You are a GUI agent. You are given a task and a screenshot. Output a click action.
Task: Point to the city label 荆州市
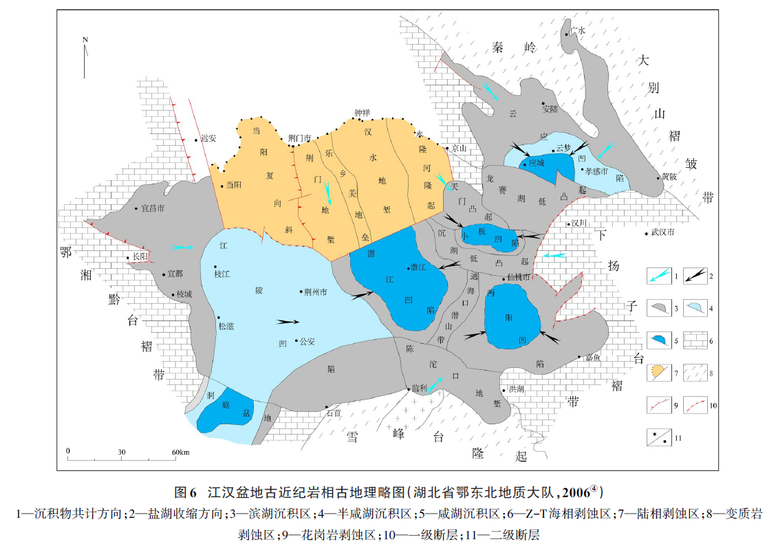315,292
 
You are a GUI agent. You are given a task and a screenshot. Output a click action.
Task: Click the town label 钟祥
362,112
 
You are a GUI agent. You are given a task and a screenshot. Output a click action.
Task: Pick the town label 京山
459,148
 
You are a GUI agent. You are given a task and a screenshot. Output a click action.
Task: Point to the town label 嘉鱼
593,358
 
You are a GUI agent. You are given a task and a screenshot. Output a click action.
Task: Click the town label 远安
208,138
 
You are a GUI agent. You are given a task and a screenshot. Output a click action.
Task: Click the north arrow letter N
85,39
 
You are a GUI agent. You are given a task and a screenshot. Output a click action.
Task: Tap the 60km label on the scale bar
180,451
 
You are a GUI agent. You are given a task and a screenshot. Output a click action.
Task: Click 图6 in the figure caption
186,492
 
